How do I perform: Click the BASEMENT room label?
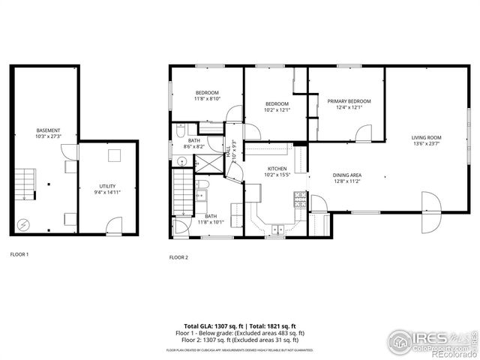[47, 130]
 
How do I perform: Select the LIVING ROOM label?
[425, 137]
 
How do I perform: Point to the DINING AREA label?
[347, 175]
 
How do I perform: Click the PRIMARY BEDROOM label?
[349, 100]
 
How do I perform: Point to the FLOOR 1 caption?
[19, 254]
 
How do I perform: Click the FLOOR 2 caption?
[178, 257]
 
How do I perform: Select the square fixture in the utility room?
[114, 155]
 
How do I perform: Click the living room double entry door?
[430, 211]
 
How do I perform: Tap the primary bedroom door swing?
[363, 134]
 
